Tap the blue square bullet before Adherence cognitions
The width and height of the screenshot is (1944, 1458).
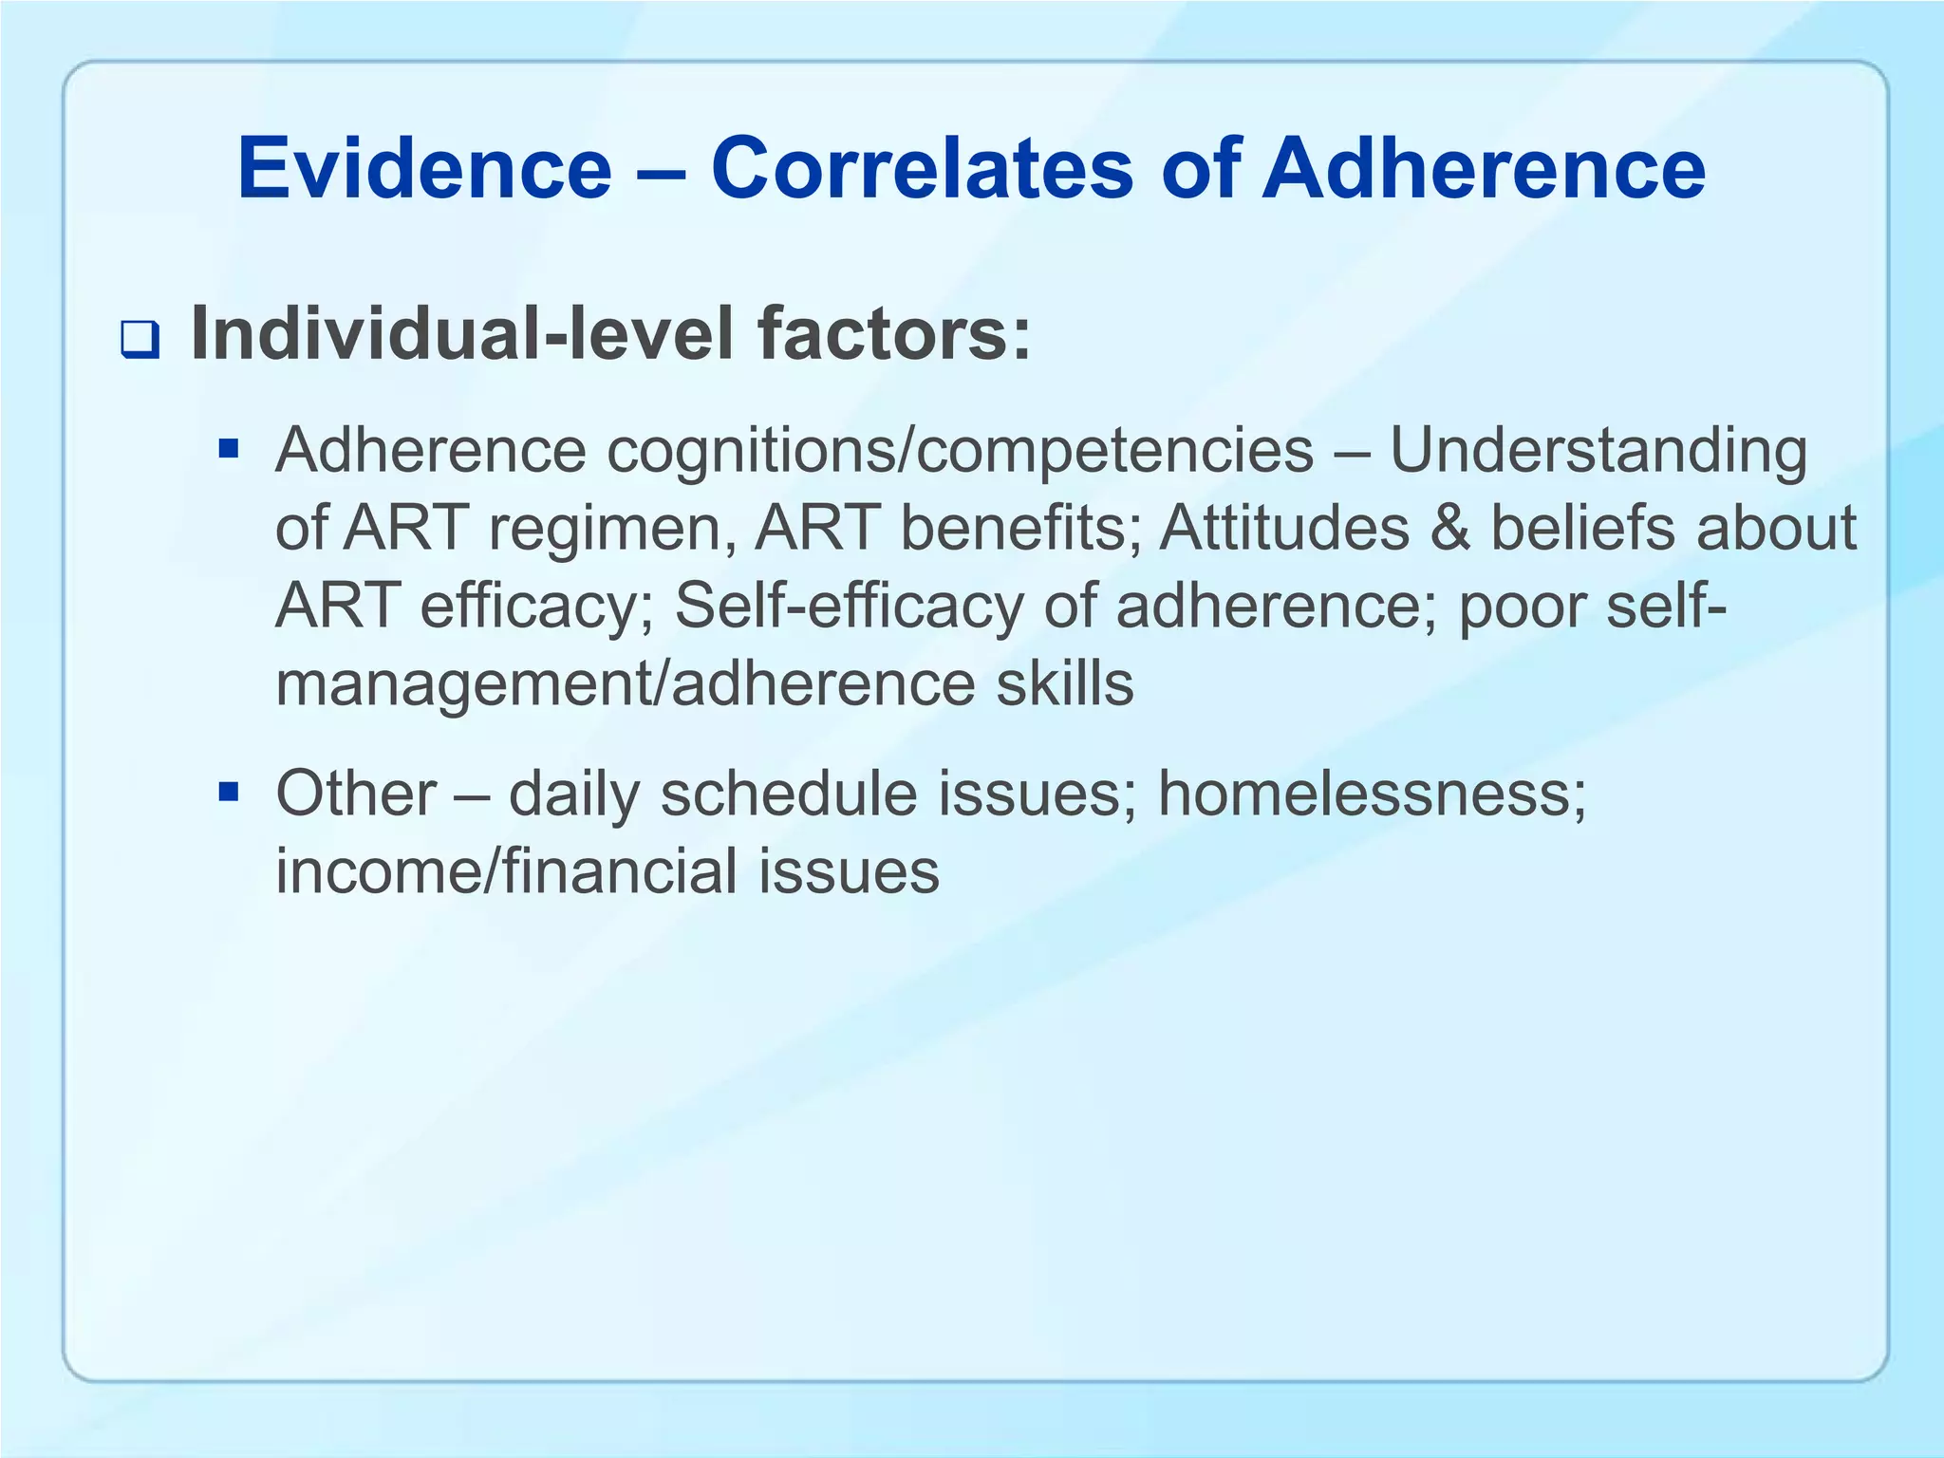[x=228, y=446]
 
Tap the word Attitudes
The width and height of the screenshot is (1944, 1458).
[x=1284, y=528]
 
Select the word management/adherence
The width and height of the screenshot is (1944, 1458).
[x=624, y=684]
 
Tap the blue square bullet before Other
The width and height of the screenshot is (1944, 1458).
[x=228, y=790]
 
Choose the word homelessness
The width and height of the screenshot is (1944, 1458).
[x=1371, y=794]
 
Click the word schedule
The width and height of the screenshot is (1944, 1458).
[x=788, y=794]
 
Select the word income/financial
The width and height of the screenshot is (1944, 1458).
[x=506, y=871]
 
